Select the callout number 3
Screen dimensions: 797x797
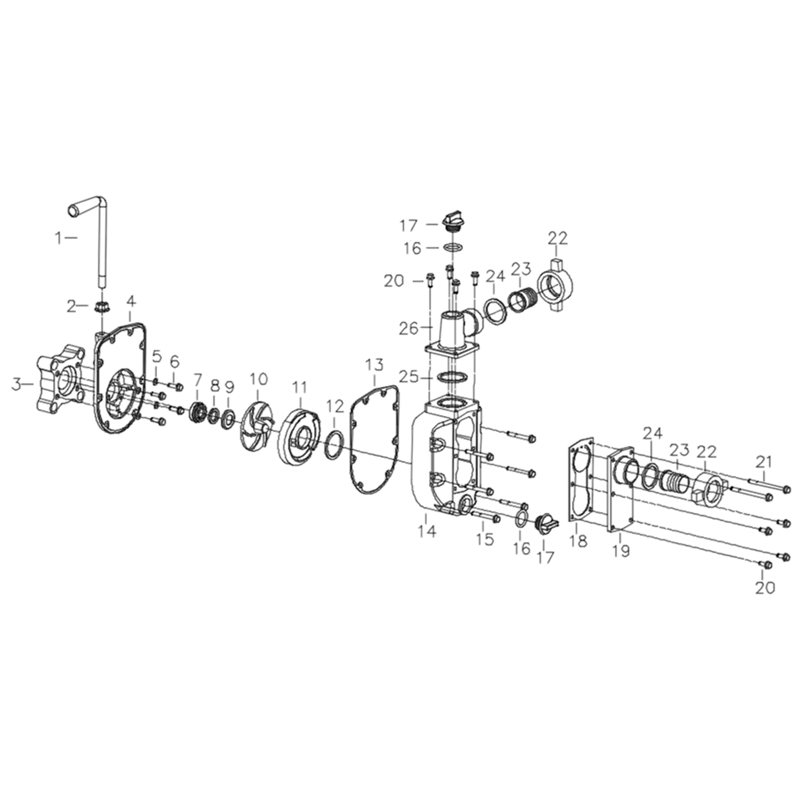tap(16, 385)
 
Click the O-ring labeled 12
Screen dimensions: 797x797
tap(334, 444)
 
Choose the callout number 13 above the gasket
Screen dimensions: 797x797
tap(374, 365)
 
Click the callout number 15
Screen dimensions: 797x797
tap(484, 540)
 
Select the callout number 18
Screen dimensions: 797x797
tap(578, 541)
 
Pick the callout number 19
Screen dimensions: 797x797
tap(621, 551)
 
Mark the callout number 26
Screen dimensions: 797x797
tap(409, 329)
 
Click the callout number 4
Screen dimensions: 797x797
tap(131, 301)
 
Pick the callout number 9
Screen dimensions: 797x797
tap(229, 387)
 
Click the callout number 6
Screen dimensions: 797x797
tap(174, 362)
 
